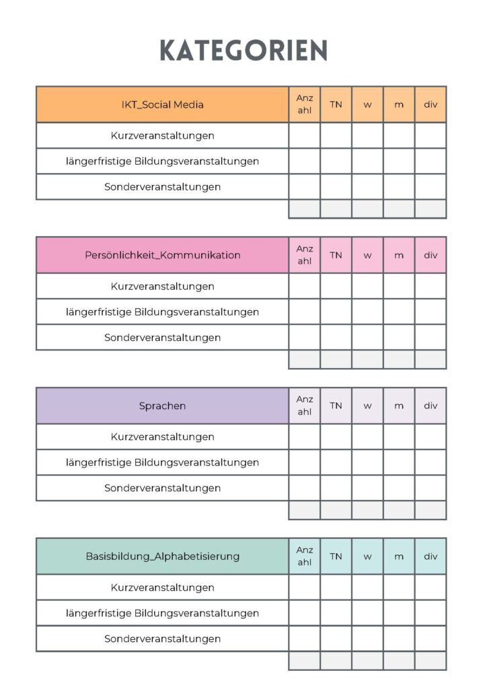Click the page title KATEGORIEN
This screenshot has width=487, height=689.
(x=243, y=50)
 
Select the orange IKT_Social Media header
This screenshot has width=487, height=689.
(x=162, y=104)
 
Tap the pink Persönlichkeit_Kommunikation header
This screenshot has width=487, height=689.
(x=162, y=255)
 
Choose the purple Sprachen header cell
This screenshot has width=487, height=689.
(x=162, y=406)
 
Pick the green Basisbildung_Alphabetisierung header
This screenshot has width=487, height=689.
(x=162, y=556)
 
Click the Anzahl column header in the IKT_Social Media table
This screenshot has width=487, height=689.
(x=305, y=104)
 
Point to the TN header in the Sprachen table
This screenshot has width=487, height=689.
(x=336, y=406)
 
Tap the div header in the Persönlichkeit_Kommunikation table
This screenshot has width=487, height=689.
(x=430, y=255)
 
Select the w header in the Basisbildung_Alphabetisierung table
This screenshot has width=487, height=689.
(x=367, y=556)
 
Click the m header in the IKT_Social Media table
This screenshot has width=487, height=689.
(x=399, y=104)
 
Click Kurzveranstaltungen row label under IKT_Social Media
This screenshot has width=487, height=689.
(x=162, y=135)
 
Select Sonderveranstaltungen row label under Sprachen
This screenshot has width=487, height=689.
(x=162, y=488)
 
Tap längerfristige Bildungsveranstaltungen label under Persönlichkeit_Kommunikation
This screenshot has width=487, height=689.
(x=162, y=312)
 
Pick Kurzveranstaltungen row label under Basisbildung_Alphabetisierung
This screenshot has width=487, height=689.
(x=162, y=587)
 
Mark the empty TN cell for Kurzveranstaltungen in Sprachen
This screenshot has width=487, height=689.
(x=336, y=437)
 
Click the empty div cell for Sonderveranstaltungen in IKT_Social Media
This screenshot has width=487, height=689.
(x=430, y=186)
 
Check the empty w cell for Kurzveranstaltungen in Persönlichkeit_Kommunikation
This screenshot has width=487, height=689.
(x=367, y=286)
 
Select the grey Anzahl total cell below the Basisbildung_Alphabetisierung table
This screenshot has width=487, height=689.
(x=305, y=661)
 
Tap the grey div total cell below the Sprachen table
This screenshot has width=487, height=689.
(x=430, y=510)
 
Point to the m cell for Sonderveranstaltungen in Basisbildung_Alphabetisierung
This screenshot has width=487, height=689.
(x=399, y=639)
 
